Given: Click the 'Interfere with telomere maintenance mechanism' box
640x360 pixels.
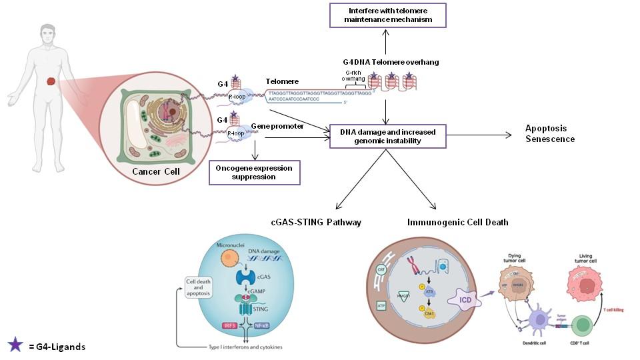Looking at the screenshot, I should pos(388,15).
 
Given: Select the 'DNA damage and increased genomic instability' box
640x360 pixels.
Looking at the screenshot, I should pos(388,136).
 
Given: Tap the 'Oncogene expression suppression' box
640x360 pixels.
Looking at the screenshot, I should pos(254,172).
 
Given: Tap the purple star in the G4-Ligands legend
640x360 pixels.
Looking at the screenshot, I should pos(15,345).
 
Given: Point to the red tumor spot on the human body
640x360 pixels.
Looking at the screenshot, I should pos(51,83).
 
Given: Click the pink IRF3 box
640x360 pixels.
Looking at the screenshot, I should pos(229,326).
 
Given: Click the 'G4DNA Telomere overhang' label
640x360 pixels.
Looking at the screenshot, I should pos(386,62).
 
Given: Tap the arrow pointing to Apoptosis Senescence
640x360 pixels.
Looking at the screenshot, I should pos(479,135).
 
